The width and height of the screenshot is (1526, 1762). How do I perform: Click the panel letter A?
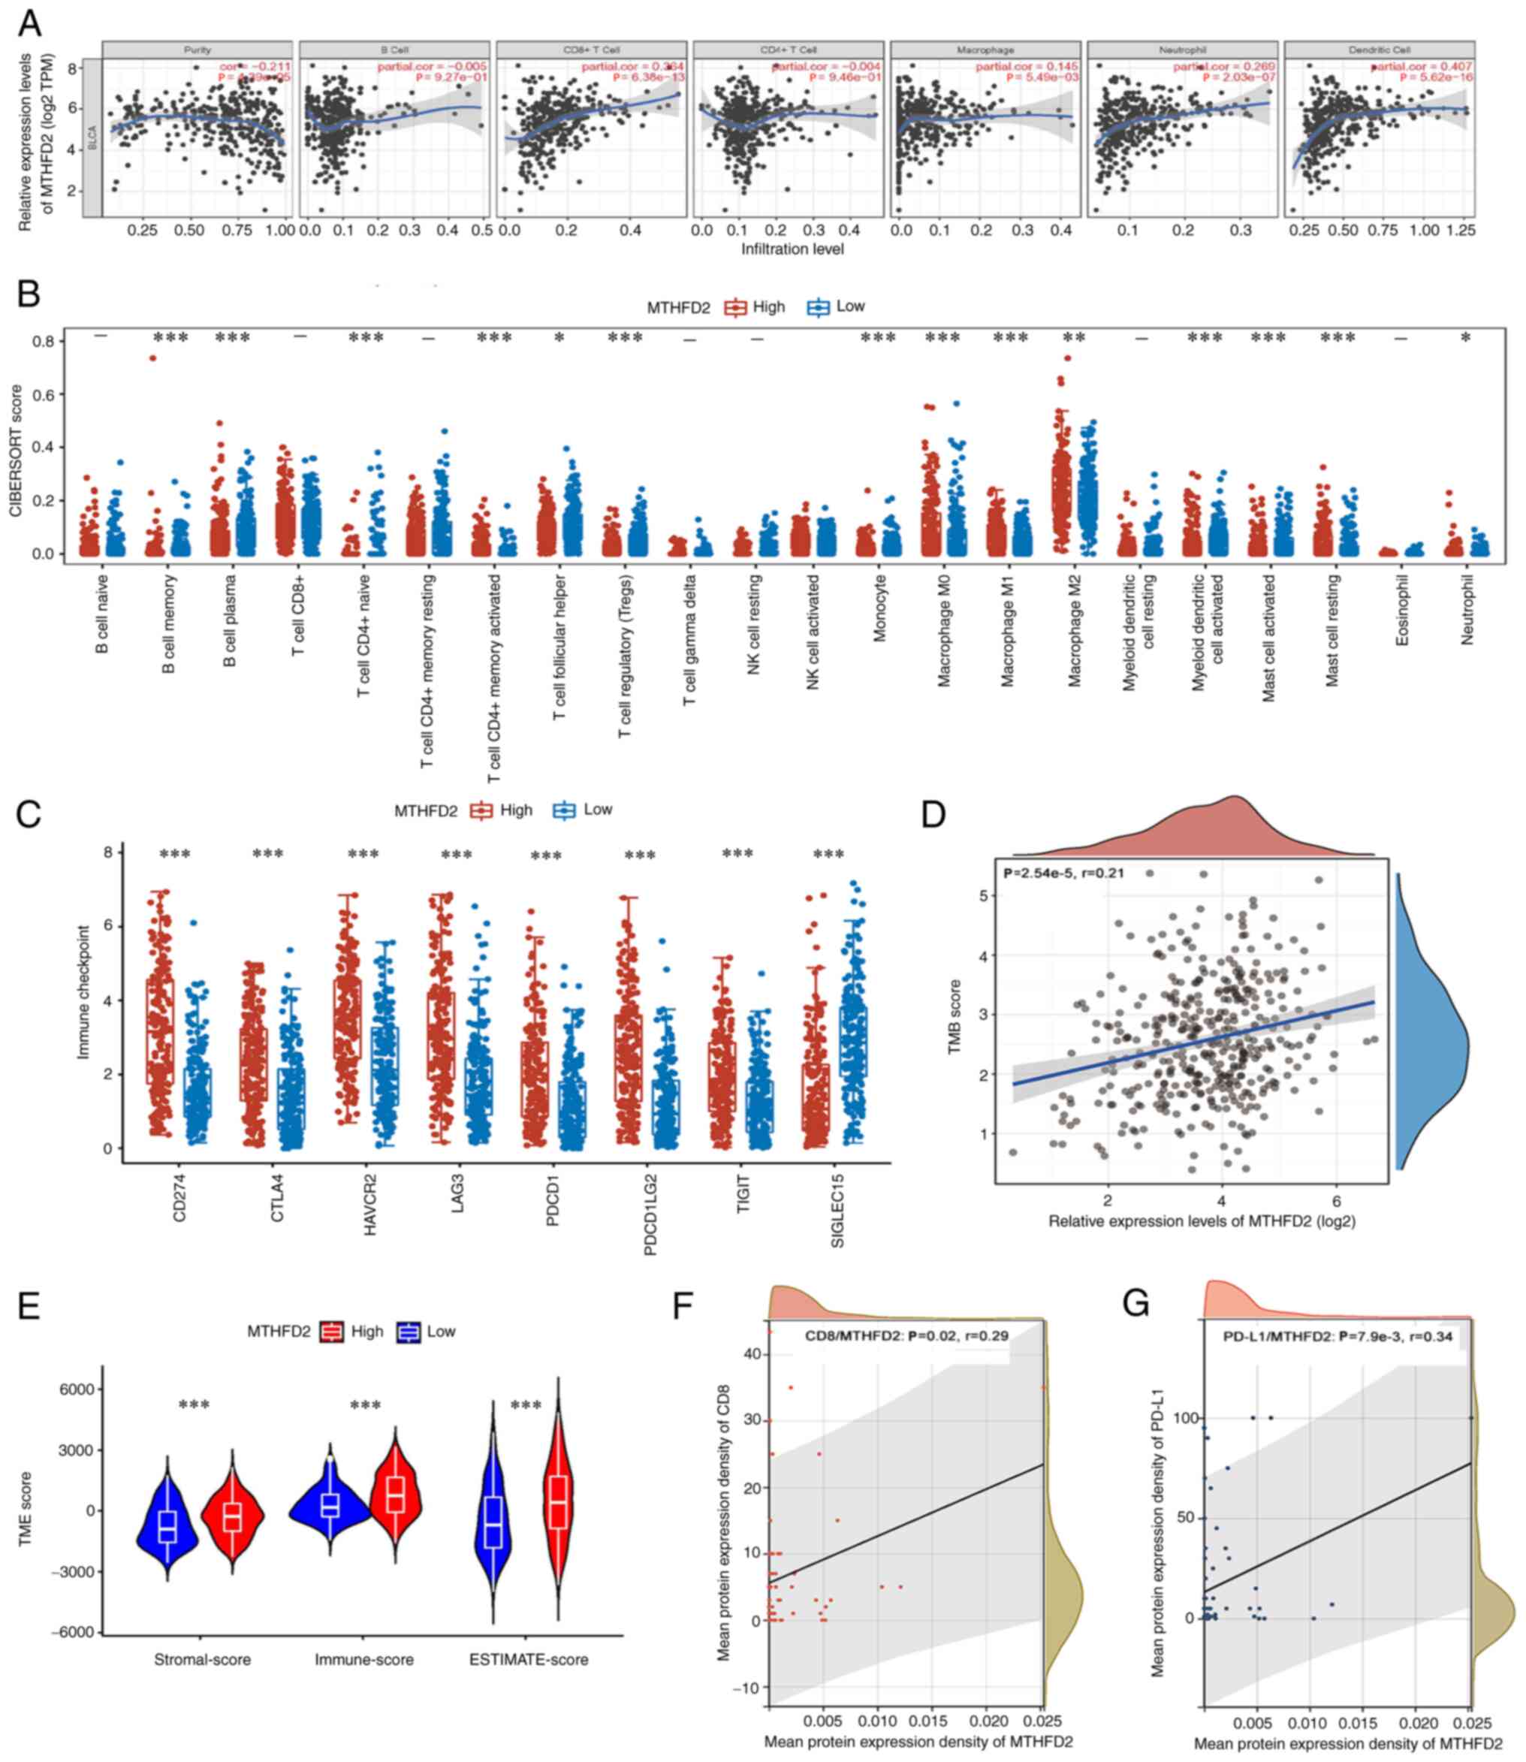click(29, 23)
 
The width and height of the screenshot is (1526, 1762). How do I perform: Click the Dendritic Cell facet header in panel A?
click(1379, 50)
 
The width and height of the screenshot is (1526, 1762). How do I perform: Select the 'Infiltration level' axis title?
click(792, 249)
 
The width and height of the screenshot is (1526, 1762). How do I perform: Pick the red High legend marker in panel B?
click(734, 307)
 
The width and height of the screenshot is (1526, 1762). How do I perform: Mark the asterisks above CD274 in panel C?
click(176, 854)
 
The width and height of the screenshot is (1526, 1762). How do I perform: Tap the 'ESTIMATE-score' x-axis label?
click(529, 1659)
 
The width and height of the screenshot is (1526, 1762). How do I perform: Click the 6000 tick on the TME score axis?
click(74, 1389)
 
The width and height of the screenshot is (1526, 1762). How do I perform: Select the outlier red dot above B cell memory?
click(152, 358)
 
